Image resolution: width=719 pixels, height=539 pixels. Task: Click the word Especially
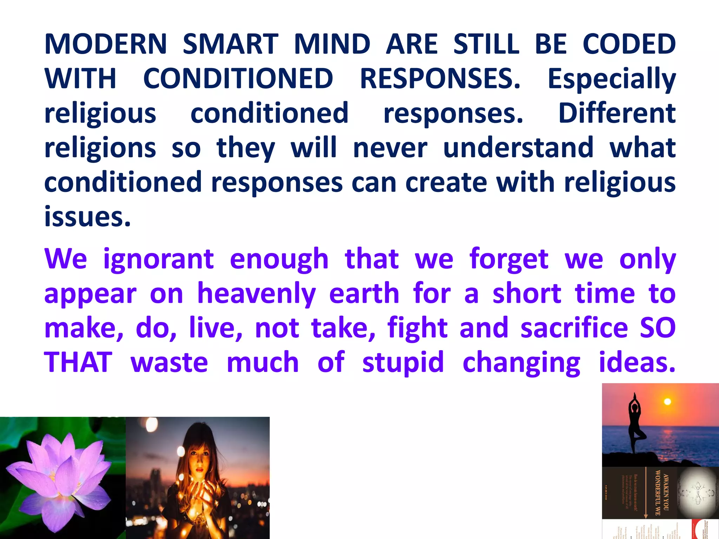pyautogui.click(x=612, y=79)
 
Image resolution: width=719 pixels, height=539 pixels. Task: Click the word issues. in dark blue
pyautogui.click(x=87, y=216)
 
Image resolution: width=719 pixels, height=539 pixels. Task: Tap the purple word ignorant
pyautogui.click(x=158, y=259)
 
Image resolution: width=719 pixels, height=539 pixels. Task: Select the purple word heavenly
pyautogui.click(x=257, y=294)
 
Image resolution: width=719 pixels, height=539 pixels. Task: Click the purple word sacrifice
pyautogui.click(x=574, y=328)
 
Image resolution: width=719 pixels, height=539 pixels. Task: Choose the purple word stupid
pyautogui.click(x=403, y=362)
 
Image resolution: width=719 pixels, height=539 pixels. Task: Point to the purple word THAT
pyautogui.click(x=78, y=362)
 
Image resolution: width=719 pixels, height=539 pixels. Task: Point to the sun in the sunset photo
pyautogui.click(x=667, y=401)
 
